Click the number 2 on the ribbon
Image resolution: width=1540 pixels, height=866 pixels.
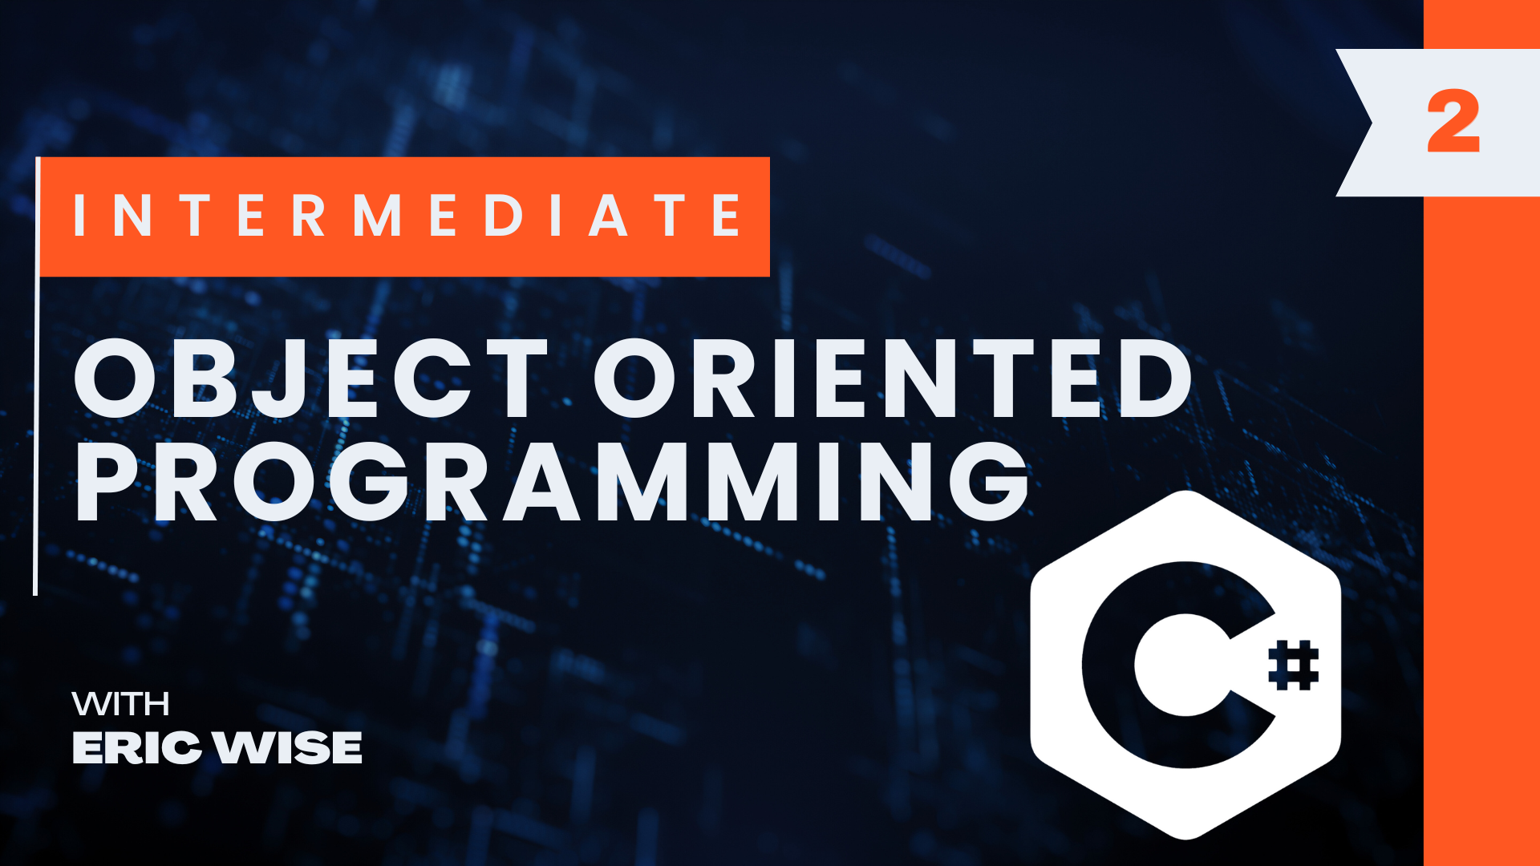pyautogui.click(x=1453, y=122)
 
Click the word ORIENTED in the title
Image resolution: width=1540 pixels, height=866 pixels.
pyautogui.click(x=893, y=378)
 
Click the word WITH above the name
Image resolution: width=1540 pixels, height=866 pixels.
pyautogui.click(x=120, y=704)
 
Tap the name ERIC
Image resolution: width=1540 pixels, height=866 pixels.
pyautogui.click(x=136, y=748)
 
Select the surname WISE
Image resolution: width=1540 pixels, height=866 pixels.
pyautogui.click(x=289, y=748)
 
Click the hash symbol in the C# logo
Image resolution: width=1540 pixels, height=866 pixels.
pyautogui.click(x=1293, y=665)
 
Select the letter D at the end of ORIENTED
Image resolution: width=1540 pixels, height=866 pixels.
pyautogui.click(x=1156, y=378)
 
